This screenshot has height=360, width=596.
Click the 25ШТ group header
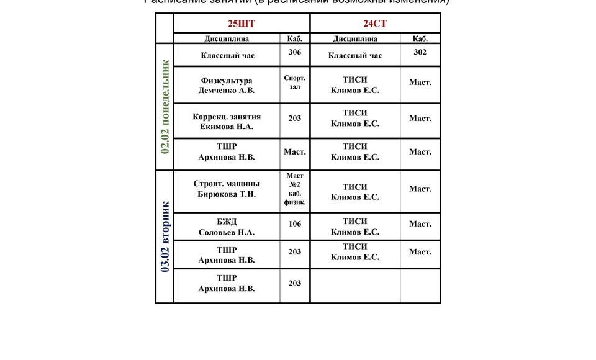tap(242, 24)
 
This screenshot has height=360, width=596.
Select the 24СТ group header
tap(375, 24)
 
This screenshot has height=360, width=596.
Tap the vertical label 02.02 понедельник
tap(165, 107)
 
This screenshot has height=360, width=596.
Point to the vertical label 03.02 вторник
tap(165, 236)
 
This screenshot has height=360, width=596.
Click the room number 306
tap(295, 52)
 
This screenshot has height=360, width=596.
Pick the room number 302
tap(420, 52)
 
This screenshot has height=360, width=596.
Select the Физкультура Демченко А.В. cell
tap(227, 86)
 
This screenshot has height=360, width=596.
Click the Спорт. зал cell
tap(295, 83)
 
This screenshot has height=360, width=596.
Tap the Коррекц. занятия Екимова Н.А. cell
tap(227, 122)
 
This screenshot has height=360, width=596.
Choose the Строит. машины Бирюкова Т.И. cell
tap(227, 189)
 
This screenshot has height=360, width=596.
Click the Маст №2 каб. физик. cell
tap(295, 189)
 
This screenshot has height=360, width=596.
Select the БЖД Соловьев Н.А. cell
tap(227, 227)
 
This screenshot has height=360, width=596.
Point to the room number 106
tap(295, 223)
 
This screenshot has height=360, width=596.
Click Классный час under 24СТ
tap(355, 56)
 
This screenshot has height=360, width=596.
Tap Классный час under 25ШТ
tap(228, 56)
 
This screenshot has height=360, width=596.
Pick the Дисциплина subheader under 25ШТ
tap(227, 38)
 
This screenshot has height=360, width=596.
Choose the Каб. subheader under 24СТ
tap(420, 38)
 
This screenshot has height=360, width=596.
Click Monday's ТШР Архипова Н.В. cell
tap(227, 152)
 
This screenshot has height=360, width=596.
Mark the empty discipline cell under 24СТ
tap(355, 286)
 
